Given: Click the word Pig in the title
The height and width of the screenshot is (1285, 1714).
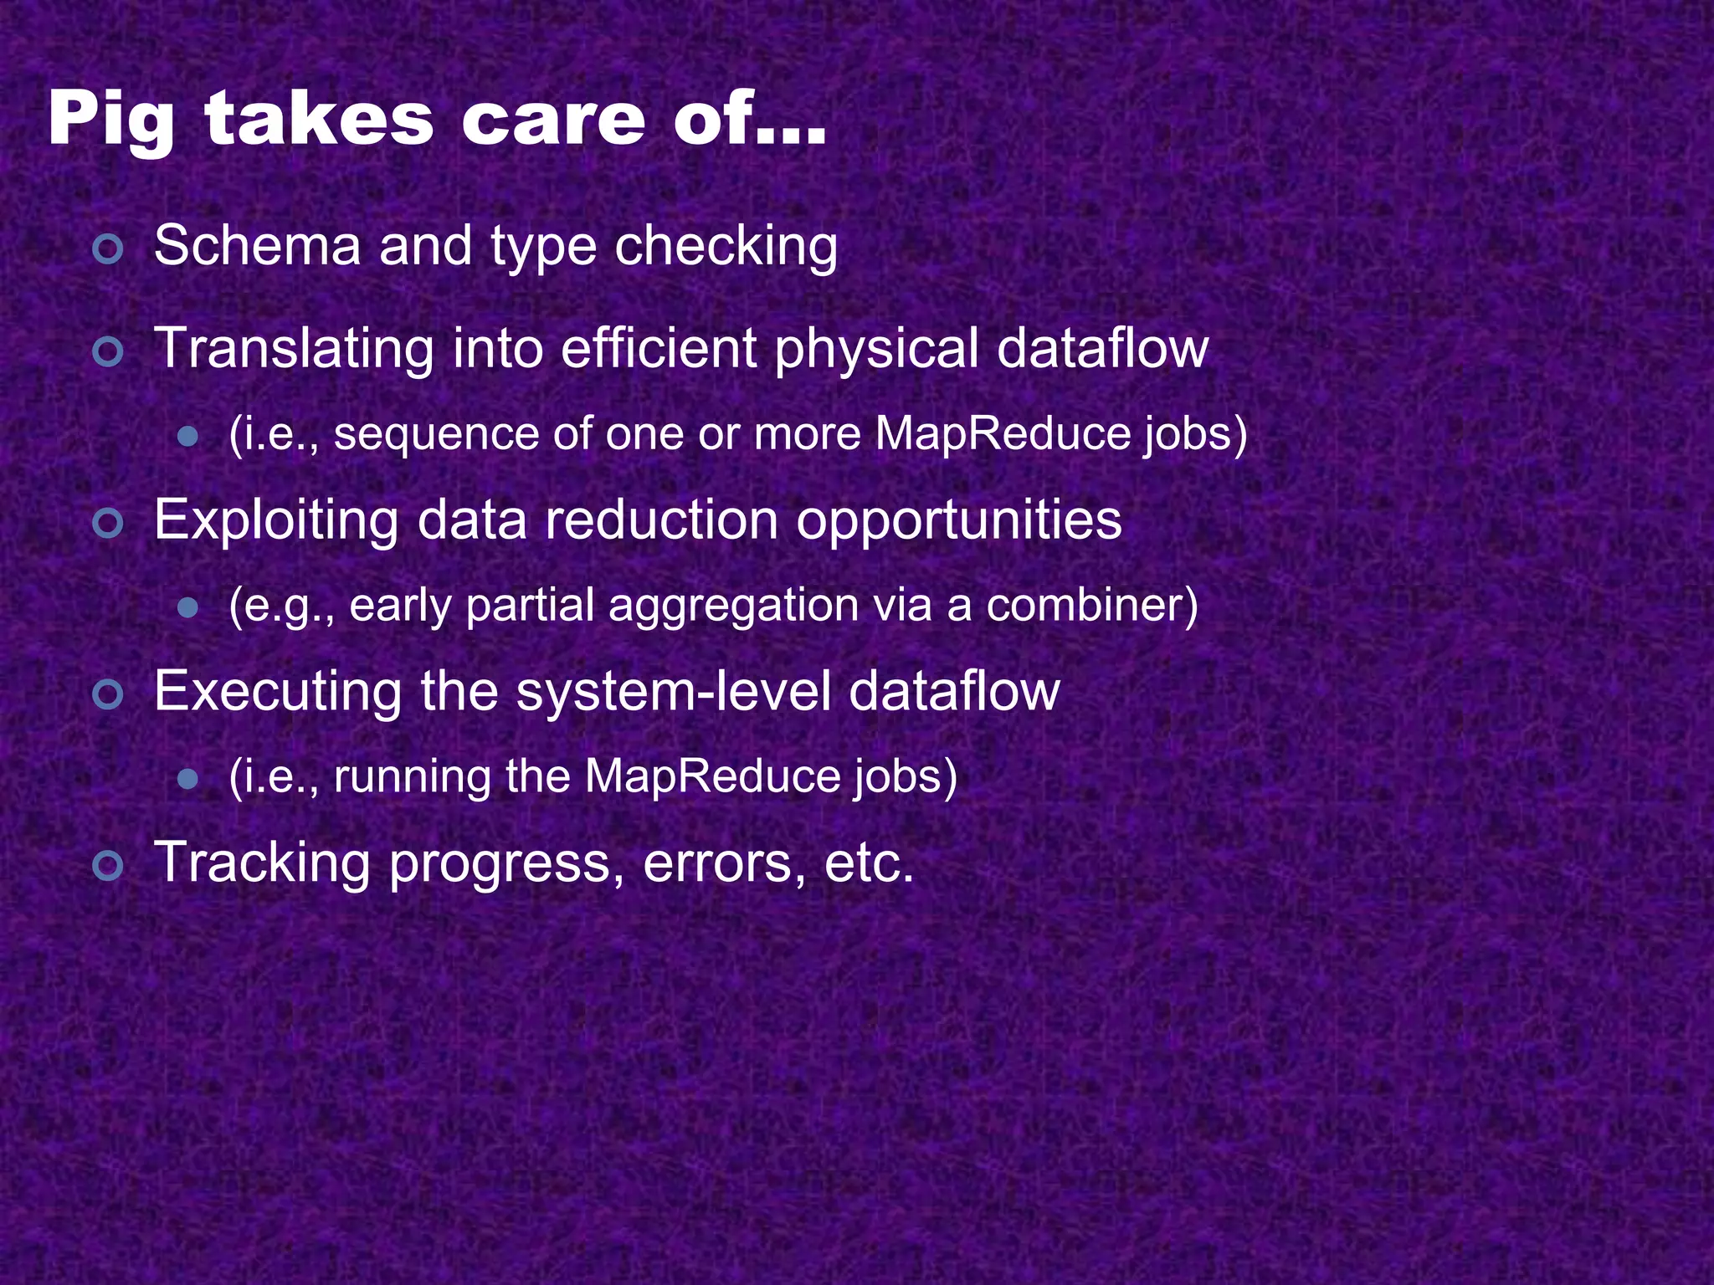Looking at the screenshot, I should pos(110,120).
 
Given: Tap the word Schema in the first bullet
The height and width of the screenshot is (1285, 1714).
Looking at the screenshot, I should pos(257,246).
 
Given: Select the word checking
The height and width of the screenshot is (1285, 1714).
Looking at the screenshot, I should pos(726,248).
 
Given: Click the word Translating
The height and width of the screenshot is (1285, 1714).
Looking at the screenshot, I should pos(294,348).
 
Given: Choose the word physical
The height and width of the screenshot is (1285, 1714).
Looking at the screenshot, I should pos(876,349).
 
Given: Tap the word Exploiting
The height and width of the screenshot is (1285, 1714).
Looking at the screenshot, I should pos(276,520).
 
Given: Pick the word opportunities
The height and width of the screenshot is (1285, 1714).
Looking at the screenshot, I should pos(958,520).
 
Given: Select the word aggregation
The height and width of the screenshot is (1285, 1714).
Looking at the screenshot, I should pos(733,606).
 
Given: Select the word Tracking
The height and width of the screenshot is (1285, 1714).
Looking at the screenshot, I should pos(262,863).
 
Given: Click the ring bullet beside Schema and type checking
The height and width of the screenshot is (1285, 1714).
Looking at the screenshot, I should pos(108,249).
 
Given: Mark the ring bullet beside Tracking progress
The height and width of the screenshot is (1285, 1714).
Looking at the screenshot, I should pos(108,866).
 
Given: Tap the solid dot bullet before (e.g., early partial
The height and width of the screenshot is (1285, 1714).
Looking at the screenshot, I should pos(188,607).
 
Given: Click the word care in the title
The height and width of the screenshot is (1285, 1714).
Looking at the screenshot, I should pos(553,120).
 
